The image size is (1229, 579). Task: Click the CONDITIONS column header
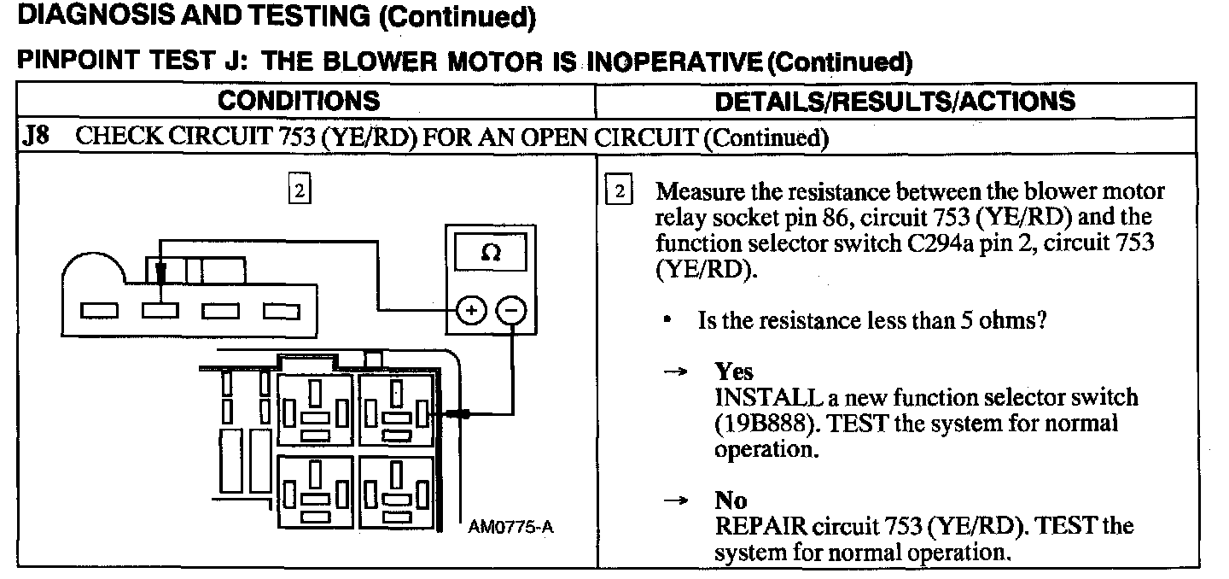pyautogui.click(x=299, y=101)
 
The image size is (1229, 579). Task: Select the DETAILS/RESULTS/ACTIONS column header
pyautogui.click(x=894, y=101)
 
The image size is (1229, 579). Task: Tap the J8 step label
pyautogui.click(x=33, y=137)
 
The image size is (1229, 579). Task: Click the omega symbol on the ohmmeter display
pyautogui.click(x=490, y=254)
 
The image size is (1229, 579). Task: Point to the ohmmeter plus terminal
pyautogui.click(x=469, y=312)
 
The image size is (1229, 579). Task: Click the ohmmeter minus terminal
pyautogui.click(x=511, y=312)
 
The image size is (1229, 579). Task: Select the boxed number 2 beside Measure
pyautogui.click(x=619, y=191)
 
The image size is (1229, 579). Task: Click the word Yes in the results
pyautogui.click(x=734, y=372)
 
